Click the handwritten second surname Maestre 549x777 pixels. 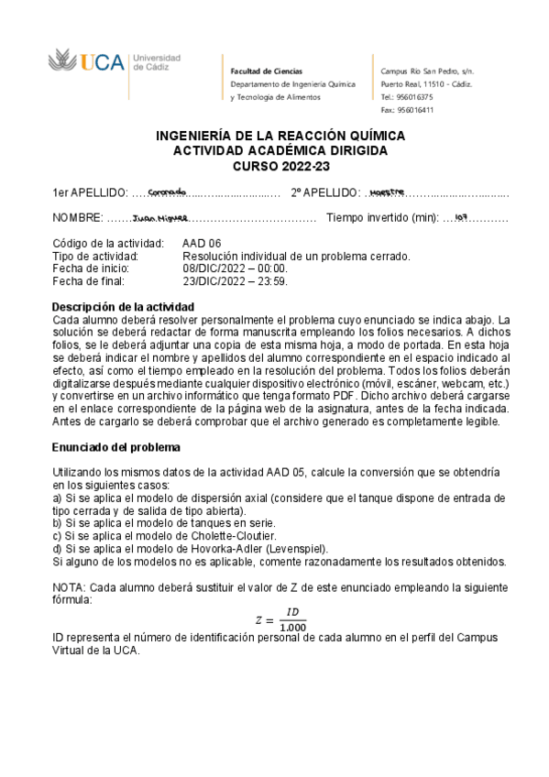387,192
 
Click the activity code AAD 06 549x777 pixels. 203,244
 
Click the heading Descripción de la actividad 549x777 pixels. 123,305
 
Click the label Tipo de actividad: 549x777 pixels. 96,257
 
